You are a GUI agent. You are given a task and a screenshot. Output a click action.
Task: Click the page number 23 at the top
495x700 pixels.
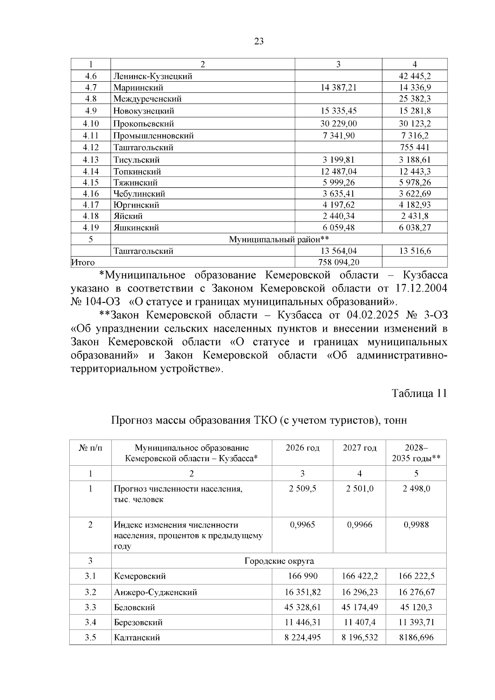pyautogui.click(x=259, y=41)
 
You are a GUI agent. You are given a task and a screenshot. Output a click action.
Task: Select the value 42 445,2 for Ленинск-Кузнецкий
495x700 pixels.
pyautogui.click(x=415, y=76)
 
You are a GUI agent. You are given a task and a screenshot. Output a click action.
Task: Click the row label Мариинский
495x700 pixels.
pyautogui.click(x=139, y=87)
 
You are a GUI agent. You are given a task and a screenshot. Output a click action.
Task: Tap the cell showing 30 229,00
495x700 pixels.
pyautogui.click(x=338, y=124)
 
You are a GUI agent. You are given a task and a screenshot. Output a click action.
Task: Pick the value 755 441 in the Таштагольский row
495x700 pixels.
pyautogui.click(x=415, y=148)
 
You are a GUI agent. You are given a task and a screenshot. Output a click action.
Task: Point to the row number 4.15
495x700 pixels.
pyautogui.click(x=91, y=183)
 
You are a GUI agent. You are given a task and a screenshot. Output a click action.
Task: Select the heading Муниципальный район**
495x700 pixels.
pyautogui.click(x=279, y=239)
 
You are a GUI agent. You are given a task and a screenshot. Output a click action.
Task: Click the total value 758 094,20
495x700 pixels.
pyautogui.click(x=338, y=262)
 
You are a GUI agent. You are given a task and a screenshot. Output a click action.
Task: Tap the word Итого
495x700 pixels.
pyautogui.click(x=83, y=262)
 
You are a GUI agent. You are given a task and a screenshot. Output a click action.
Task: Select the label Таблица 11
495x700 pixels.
pyautogui.click(x=419, y=393)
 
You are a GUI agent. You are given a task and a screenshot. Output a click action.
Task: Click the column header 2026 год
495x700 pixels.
pyautogui.click(x=302, y=448)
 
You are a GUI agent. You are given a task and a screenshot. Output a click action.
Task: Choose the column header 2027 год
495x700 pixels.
pyautogui.click(x=359, y=448)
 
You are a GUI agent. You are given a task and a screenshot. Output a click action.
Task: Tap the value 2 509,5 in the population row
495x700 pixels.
pyautogui.click(x=302, y=489)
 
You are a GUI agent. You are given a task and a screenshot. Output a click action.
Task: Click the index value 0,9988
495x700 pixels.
pyautogui.click(x=416, y=525)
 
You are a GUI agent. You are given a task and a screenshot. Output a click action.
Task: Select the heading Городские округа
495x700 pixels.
pyautogui.click(x=279, y=561)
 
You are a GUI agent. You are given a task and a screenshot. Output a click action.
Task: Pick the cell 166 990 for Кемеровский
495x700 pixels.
pyautogui.click(x=302, y=576)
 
